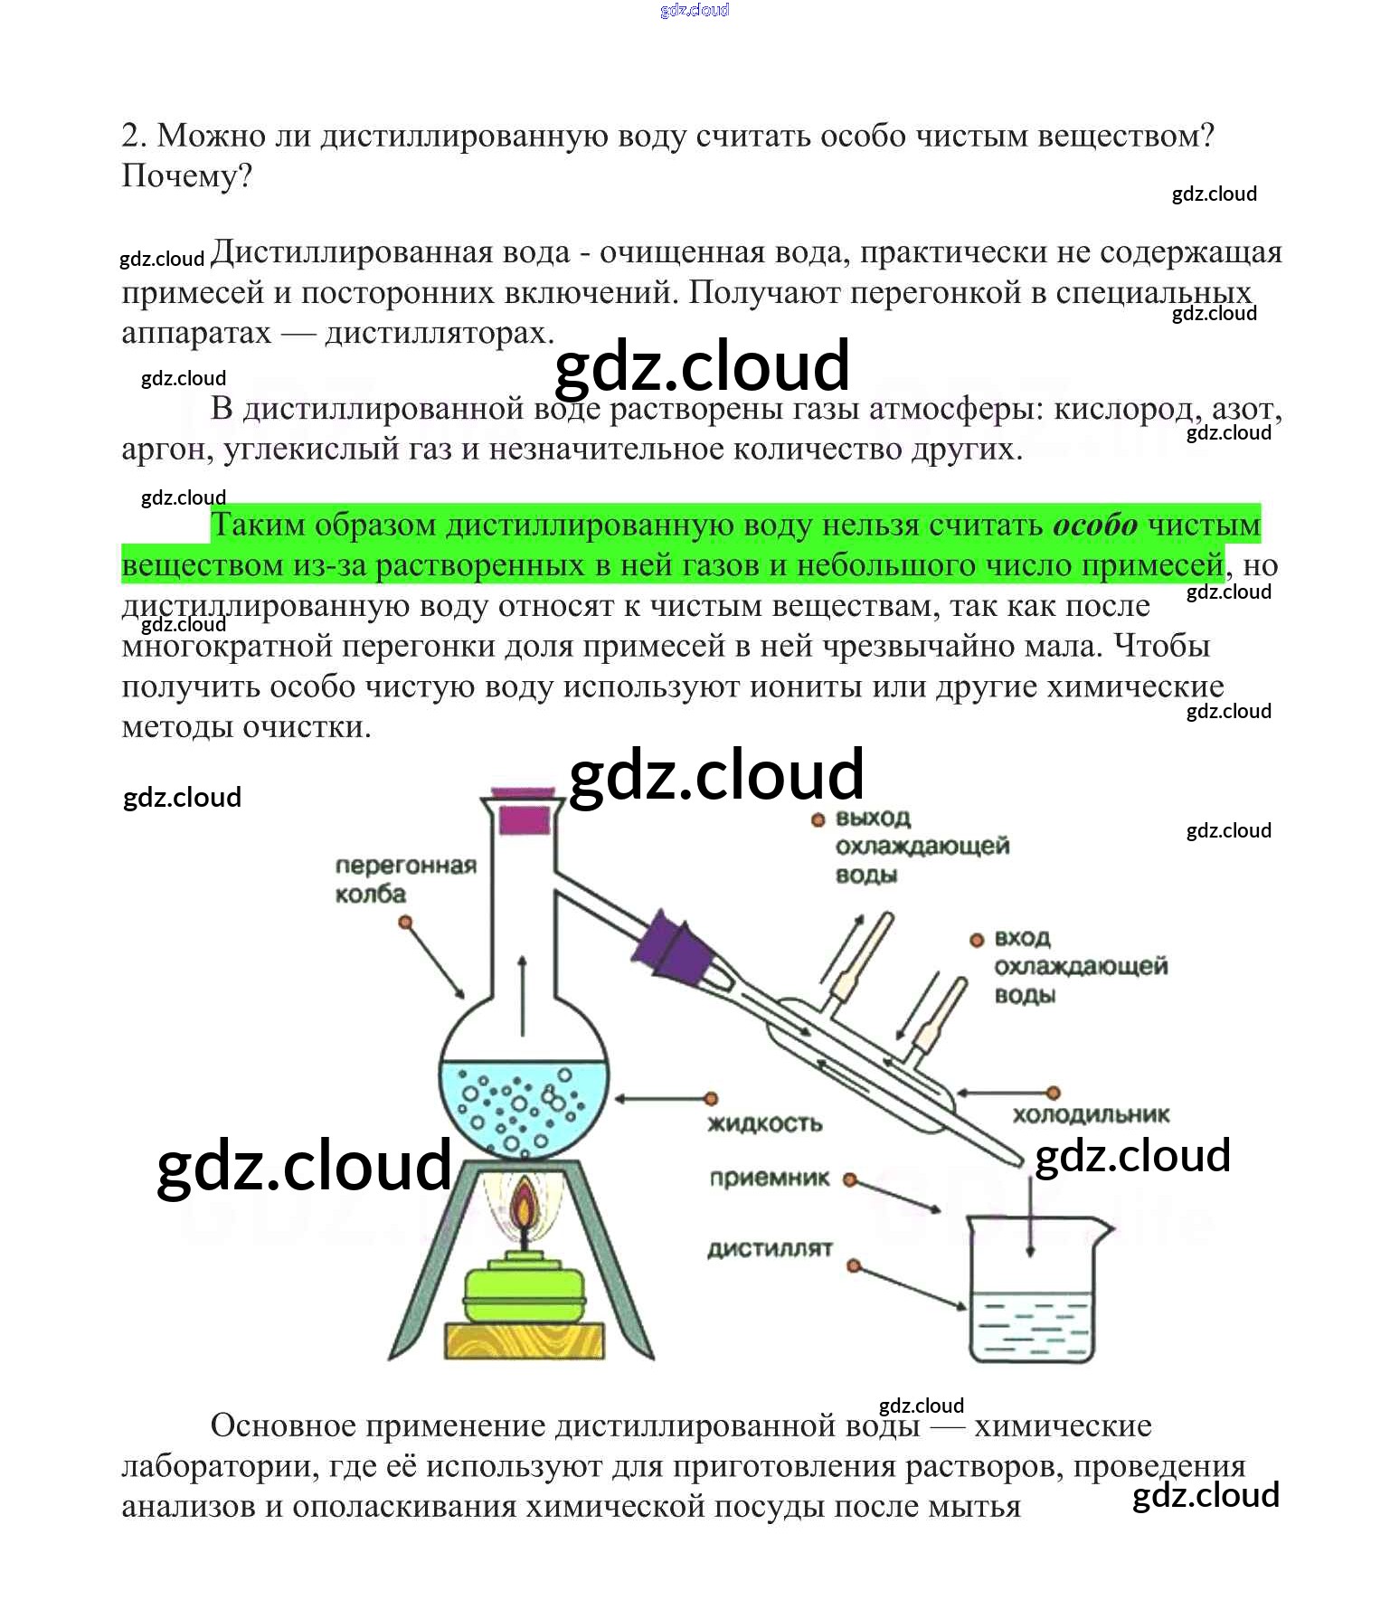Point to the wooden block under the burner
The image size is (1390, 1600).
[524, 1340]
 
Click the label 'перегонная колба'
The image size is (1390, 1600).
[405, 880]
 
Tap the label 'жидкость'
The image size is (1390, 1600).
[765, 1124]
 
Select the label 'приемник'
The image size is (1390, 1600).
[769, 1179]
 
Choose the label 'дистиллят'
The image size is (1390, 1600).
[769, 1249]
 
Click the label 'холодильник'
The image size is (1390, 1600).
[1091, 1115]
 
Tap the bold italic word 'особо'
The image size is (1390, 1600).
[1095, 525]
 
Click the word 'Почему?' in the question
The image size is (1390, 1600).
[186, 176]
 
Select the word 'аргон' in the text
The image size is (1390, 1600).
[166, 450]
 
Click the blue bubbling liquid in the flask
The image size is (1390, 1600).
[523, 1108]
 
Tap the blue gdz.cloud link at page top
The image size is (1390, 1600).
[695, 10]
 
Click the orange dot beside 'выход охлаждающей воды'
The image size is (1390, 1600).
[818, 819]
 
